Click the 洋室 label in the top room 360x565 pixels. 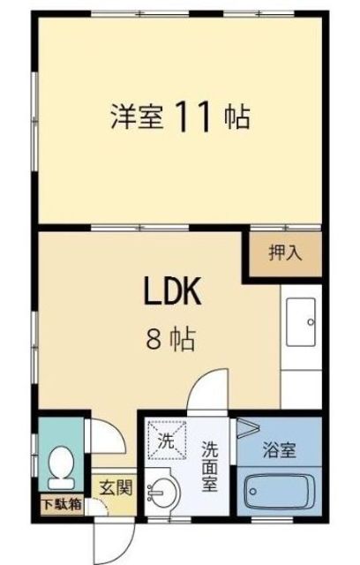tap(137, 117)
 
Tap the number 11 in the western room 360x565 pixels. tap(192, 117)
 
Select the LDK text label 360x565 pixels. tap(172, 291)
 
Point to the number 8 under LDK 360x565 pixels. tap(154, 339)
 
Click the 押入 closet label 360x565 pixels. tap(285, 252)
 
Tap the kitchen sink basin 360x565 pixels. tap(301, 321)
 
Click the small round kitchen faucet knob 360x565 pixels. tap(311, 322)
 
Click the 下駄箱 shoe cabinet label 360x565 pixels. tap(62, 505)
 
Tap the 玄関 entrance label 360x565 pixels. tap(116, 488)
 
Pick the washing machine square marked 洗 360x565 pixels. tap(167, 441)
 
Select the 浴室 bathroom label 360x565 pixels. tap(280, 449)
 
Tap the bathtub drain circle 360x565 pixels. tap(253, 492)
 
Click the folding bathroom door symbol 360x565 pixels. tap(248, 428)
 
